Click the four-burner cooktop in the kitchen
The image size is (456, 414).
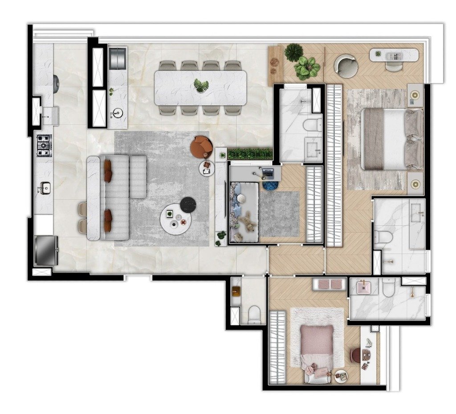click(x=44, y=145)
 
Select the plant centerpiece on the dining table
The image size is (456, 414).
click(x=201, y=85)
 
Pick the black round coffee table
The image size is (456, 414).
click(x=187, y=204)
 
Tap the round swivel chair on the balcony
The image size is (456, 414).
click(x=346, y=65)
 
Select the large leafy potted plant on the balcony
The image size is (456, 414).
click(x=307, y=68)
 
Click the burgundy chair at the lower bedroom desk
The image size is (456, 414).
click(x=356, y=356)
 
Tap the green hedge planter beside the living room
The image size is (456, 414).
click(x=250, y=154)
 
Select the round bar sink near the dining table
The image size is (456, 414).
click(x=118, y=112)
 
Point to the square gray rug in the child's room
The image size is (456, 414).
click(x=279, y=214)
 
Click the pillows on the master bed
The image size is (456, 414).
click(x=415, y=139)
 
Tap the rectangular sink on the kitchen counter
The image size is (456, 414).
click(x=45, y=189)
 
